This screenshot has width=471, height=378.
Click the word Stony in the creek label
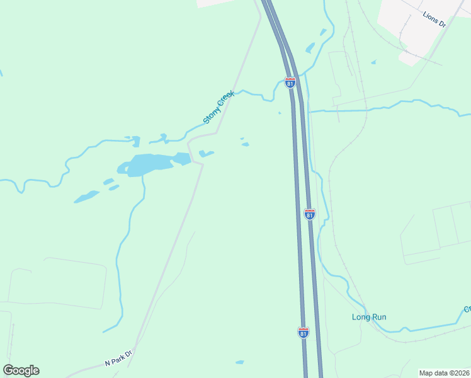click(210, 116)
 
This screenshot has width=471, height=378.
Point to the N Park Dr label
click(118, 359)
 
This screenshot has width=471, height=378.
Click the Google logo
click(21, 370)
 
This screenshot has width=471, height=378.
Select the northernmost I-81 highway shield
click(290, 83)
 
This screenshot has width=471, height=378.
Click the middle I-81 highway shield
click(309, 214)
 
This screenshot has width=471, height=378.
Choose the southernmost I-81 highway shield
click(304, 333)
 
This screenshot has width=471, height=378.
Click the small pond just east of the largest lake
click(205, 153)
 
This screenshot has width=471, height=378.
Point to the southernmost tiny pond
click(239, 362)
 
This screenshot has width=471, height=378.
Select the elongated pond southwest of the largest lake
click(86, 197)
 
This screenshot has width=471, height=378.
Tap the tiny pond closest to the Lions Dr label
click(373, 62)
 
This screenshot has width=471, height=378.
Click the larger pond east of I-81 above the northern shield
click(310, 47)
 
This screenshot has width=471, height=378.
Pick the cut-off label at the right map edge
click(467, 309)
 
